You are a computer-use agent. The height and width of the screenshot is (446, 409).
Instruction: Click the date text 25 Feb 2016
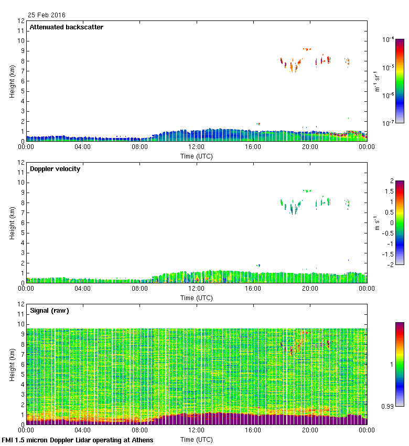coord(47,15)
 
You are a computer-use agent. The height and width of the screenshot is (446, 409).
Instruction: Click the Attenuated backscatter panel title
coord(67,27)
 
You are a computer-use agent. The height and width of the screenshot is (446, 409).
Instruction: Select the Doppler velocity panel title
coord(55,169)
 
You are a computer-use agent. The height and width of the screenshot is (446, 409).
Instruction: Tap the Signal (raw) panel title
coord(50,311)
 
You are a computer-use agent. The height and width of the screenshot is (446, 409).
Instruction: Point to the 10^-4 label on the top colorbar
coord(389,39)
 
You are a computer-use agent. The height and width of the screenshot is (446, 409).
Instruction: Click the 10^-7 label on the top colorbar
coord(389,123)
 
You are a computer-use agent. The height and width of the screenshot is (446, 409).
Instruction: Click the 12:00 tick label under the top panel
coord(197,147)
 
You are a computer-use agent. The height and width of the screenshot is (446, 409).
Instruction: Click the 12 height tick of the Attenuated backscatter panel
coord(21,21)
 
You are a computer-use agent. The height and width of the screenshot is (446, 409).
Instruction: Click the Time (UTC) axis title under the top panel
coord(197,156)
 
